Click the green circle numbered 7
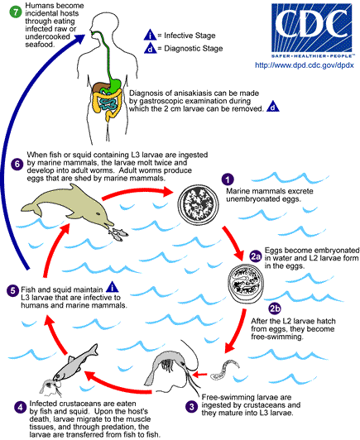pos(7,9)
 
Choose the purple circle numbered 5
pos(12,291)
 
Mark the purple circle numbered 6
pos(10,164)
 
